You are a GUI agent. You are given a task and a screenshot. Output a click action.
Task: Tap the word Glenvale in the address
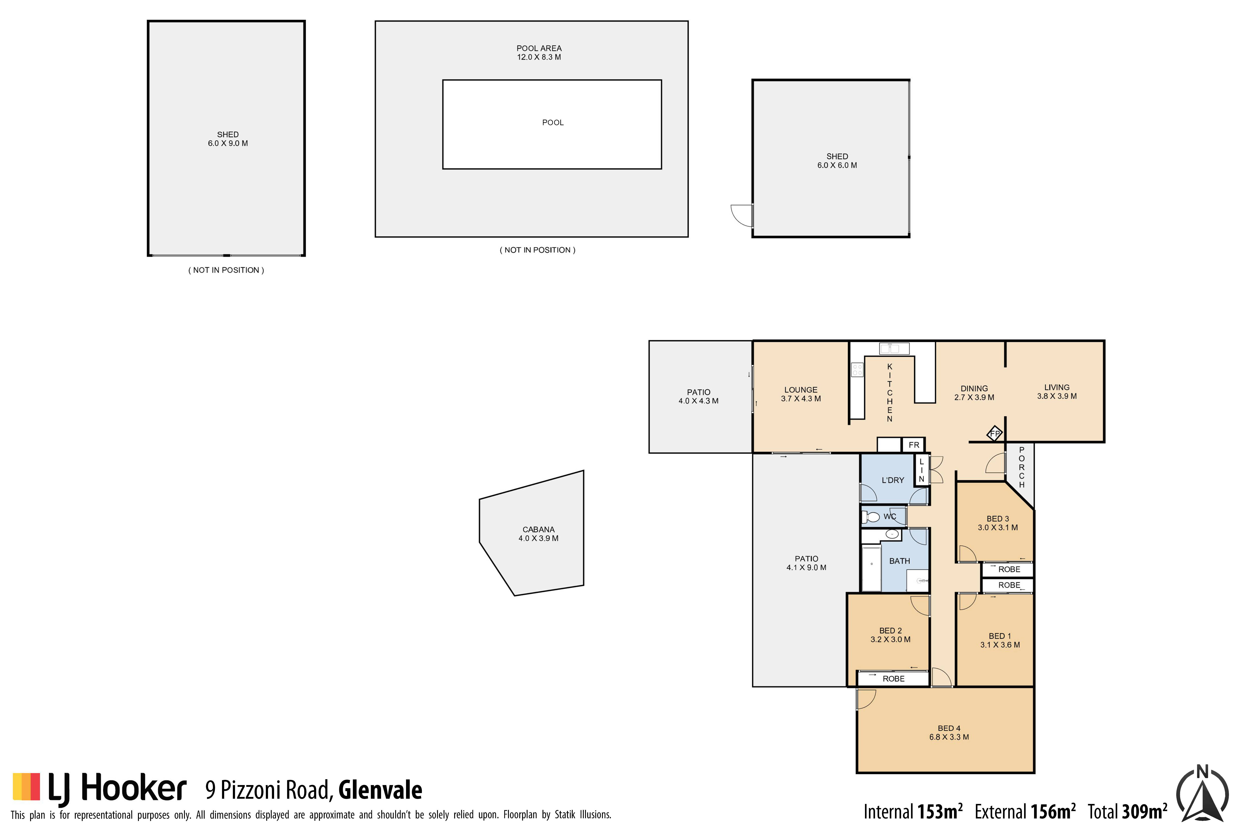click(380, 790)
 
